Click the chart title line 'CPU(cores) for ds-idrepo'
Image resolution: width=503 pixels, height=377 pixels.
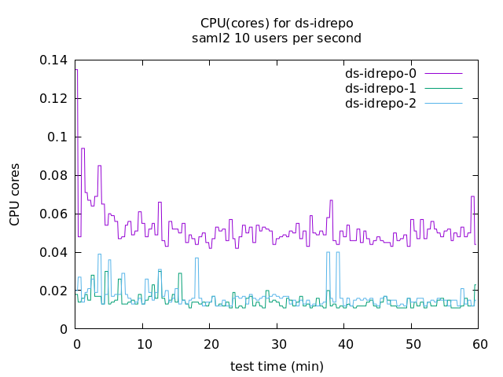click(276, 22)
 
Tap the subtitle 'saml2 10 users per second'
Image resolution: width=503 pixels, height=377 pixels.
click(276, 38)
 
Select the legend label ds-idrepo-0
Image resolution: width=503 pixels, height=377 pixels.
click(380, 74)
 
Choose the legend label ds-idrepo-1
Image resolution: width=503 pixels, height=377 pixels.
click(380, 89)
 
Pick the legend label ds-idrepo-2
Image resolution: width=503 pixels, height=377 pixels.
click(380, 104)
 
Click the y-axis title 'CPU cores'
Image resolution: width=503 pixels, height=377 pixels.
click(15, 195)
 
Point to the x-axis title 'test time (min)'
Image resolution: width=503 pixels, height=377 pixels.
click(277, 366)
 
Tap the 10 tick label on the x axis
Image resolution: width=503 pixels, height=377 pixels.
click(143, 344)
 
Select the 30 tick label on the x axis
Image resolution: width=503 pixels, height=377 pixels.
click(277, 344)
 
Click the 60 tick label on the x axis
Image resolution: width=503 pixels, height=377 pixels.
click(479, 344)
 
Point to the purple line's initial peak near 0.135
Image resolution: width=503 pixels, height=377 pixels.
click(76, 70)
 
